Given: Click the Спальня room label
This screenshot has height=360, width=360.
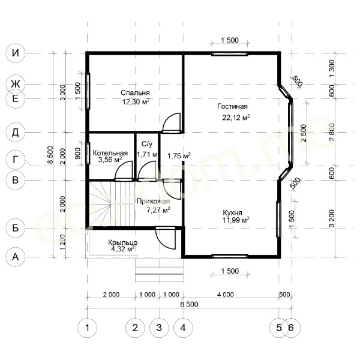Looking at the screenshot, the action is coord(135,93).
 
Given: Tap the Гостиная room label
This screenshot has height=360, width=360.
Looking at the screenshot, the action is coord(232,107).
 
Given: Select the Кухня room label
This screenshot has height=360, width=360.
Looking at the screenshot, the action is coord(232,212).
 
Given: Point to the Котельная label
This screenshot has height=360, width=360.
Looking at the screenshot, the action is coord(110,153).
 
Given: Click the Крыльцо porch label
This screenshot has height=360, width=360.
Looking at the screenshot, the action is coord(123,242).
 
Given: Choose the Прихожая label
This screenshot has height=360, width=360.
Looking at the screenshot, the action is coord(153,202).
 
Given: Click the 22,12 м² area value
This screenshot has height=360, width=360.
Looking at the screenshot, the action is coord(236,118).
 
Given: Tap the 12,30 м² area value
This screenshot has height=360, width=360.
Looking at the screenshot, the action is coord(136,101).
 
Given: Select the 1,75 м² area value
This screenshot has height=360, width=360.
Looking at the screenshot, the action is coord(179,156).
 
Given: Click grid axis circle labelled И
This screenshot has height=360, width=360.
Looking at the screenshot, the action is coord(16,53).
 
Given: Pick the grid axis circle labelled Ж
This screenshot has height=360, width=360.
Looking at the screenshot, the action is coord(16,84).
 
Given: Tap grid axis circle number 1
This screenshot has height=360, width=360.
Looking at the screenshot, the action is coord(87,328).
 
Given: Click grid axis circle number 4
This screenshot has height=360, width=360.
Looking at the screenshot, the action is coord(183,328).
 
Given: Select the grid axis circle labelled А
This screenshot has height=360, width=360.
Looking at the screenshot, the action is coord(16,257).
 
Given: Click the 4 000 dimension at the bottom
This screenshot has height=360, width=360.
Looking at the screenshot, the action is coord(226,295).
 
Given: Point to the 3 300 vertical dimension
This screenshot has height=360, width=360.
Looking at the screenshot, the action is coord(62,92).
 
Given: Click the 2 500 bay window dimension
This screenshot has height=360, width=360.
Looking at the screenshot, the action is coord(304,133).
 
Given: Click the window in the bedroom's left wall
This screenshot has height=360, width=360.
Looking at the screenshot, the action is coord(88,91).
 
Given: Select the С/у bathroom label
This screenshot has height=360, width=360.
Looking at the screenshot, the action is coord(147,144).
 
